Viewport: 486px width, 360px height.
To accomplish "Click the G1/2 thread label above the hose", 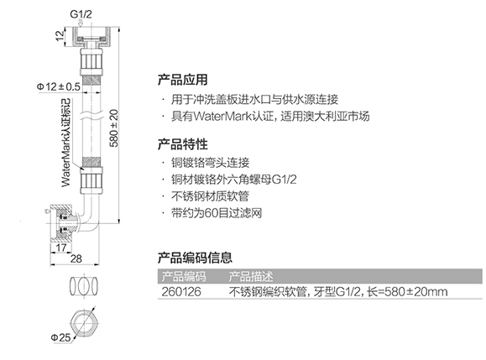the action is pyautogui.click(x=81, y=14).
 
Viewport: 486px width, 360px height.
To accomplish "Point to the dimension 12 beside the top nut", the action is pyautogui.click(x=60, y=35).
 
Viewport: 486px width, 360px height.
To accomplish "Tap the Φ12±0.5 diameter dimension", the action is pyautogui.click(x=59, y=86).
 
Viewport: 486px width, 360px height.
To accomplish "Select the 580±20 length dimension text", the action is pyautogui.click(x=114, y=128).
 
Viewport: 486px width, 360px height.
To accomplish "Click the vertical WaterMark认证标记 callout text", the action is pyautogui.click(x=65, y=143).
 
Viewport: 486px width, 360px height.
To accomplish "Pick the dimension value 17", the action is pyautogui.click(x=61, y=248).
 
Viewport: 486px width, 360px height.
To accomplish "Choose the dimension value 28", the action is pyautogui.click(x=76, y=258).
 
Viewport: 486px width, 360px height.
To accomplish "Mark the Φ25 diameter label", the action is pyautogui.click(x=60, y=337).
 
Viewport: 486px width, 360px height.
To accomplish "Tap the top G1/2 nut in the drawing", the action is pyautogui.click(x=91, y=37).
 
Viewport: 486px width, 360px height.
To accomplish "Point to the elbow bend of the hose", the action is pyautogui.click(x=89, y=213).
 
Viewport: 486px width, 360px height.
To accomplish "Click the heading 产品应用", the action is pyautogui.click(x=182, y=80).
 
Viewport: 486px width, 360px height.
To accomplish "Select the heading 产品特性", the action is pyautogui.click(x=182, y=144).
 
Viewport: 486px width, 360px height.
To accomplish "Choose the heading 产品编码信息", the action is pyautogui.click(x=195, y=258).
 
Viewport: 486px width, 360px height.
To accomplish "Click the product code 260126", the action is pyautogui.click(x=181, y=292).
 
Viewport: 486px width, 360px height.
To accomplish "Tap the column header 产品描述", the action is pyautogui.click(x=251, y=276).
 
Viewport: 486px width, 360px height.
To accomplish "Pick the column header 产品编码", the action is pyautogui.click(x=184, y=276).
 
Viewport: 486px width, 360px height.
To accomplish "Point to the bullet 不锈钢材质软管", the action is pyautogui.click(x=210, y=196).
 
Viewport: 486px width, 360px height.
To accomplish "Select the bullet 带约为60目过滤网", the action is pyautogui.click(x=217, y=213).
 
